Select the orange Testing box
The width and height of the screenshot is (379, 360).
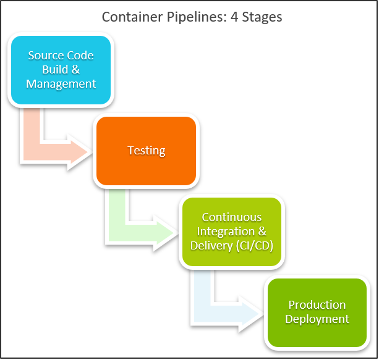(x=146, y=151)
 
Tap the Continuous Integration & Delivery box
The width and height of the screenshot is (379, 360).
(x=232, y=232)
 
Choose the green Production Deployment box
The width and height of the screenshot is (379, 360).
(x=317, y=312)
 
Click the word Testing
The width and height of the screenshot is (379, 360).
(x=146, y=151)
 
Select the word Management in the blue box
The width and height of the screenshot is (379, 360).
(x=61, y=83)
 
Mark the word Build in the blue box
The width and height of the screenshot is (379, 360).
(x=56, y=69)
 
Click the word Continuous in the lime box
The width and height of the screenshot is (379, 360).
(x=232, y=218)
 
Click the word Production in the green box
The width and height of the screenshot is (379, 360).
(x=317, y=305)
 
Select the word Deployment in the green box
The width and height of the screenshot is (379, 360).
(x=317, y=319)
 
